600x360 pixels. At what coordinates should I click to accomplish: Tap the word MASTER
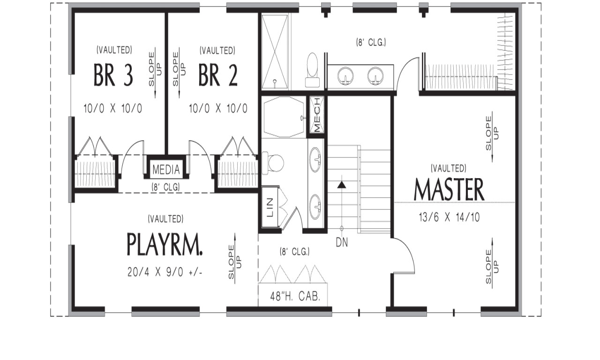tap(449, 189)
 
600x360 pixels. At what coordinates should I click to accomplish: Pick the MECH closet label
tap(317, 115)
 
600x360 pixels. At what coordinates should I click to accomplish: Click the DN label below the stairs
tap(342, 243)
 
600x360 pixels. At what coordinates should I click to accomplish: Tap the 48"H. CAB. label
tap(295, 296)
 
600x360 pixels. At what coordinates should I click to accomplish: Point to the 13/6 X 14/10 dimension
tap(449, 217)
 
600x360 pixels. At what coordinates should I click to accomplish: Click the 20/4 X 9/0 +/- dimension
tap(165, 272)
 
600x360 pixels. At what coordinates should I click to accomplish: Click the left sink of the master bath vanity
tap(346, 75)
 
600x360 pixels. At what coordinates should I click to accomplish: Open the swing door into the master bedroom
tap(404, 255)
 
